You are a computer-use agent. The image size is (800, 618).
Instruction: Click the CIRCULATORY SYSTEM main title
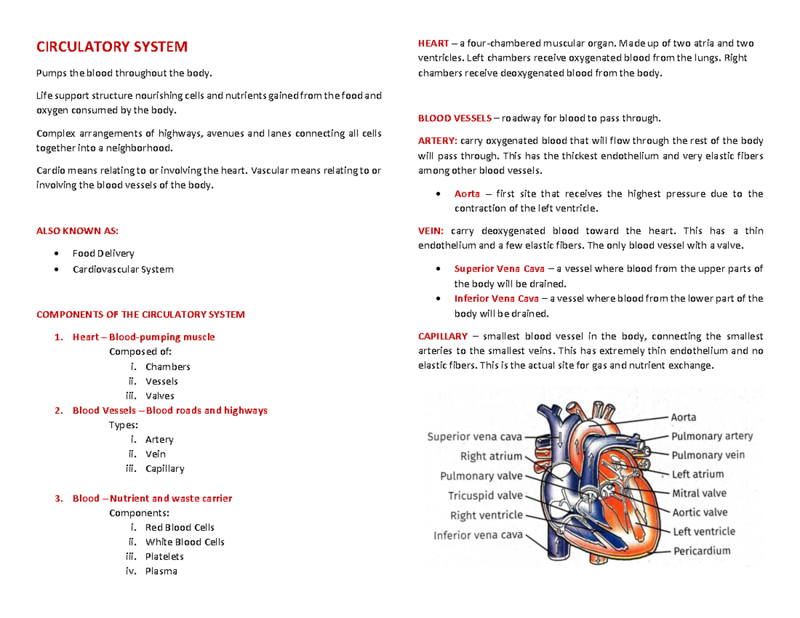tap(111, 47)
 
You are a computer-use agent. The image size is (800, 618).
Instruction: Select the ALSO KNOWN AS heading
tap(77, 231)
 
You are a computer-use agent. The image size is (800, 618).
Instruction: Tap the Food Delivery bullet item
tap(103, 253)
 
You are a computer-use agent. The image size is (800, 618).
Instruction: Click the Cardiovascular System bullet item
tap(123, 269)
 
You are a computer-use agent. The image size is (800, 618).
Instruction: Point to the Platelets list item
tap(164, 557)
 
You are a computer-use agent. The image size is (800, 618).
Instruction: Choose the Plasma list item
tap(161, 571)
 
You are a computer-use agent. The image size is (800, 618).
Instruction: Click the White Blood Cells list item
tap(185, 542)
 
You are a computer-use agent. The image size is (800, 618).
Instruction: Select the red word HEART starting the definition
tap(433, 43)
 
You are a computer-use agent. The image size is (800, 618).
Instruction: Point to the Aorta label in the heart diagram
tap(683, 417)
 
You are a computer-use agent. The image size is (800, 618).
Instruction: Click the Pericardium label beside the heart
tap(701, 551)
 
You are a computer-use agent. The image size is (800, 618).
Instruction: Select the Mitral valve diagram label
tap(699, 493)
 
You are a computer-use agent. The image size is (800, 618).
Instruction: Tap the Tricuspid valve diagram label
tap(485, 495)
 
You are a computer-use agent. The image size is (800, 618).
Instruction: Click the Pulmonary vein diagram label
tap(707, 455)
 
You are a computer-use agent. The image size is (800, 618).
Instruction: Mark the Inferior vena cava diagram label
tap(478, 535)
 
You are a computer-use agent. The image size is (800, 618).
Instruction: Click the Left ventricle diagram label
tap(703, 531)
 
